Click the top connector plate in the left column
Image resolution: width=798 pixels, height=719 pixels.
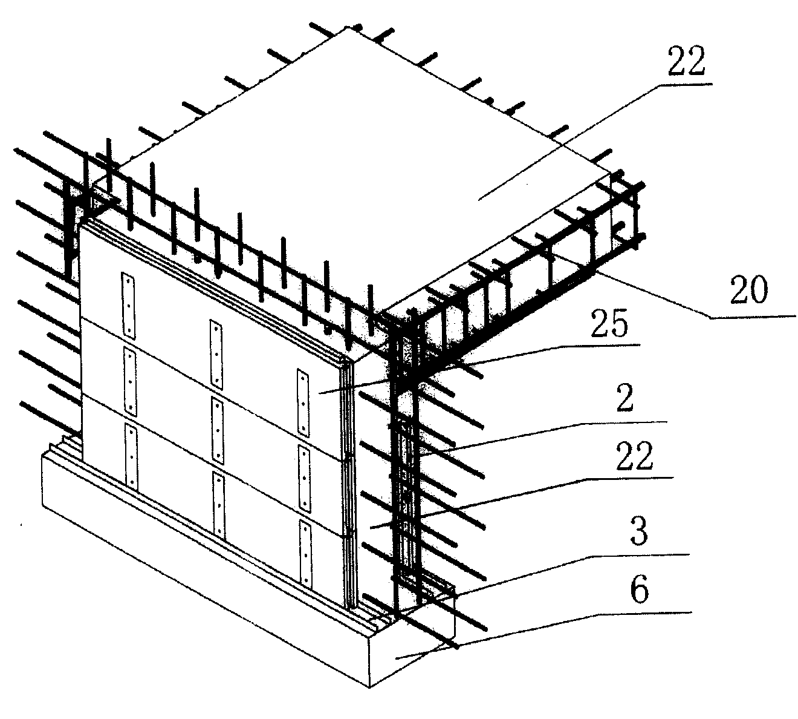coord(128,304)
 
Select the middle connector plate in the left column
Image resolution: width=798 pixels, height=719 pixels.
coord(130,382)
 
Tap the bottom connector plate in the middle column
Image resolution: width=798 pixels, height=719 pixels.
coord(219,505)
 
